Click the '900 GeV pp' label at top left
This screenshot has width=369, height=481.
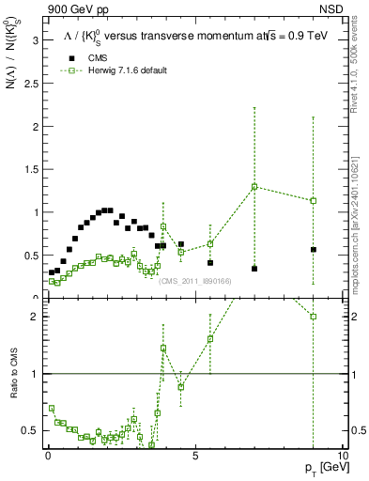76,10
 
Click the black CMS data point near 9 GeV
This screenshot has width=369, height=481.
313,250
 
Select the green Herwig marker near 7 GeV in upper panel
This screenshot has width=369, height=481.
254,186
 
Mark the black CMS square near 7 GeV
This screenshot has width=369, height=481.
254,269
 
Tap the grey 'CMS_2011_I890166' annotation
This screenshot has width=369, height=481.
196,281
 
